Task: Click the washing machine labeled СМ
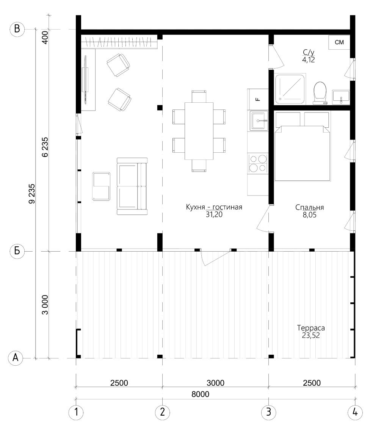pyautogui.click(x=339, y=42)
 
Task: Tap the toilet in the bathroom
pyautogui.click(x=320, y=93)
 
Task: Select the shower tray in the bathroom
pyautogui.click(x=290, y=89)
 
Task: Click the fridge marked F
pyautogui.click(x=258, y=99)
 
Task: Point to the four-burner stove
pyautogui.click(x=258, y=163)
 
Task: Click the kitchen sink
pyautogui.click(x=259, y=120)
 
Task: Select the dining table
pyautogui.click(x=199, y=131)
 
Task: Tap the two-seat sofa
pyautogui.click(x=132, y=186)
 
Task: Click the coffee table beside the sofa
pyautogui.click(x=101, y=186)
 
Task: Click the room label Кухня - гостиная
pyautogui.click(x=214, y=207)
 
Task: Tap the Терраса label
pyautogui.click(x=311, y=328)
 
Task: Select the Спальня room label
pyautogui.click(x=309, y=207)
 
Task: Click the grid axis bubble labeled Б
pyautogui.click(x=17, y=251)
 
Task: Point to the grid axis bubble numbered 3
pyautogui.click(x=268, y=412)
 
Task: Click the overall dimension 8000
pyautogui.click(x=200, y=394)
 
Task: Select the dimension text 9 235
pyautogui.click(x=32, y=194)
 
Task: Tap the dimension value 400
pyautogui.click(x=45, y=37)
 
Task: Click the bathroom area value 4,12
pyautogui.click(x=309, y=59)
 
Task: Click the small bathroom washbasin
pyautogui.click(x=341, y=97)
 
